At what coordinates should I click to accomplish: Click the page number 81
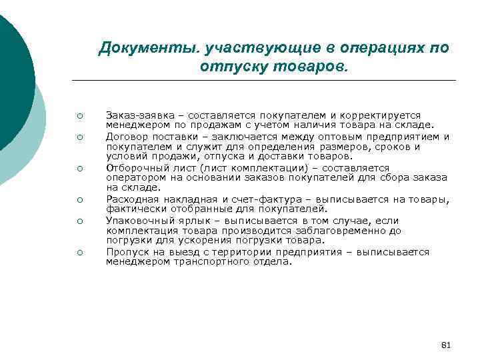tap(447, 345)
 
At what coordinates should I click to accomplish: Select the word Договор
tap(125, 137)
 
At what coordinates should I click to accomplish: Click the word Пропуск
tap(126, 252)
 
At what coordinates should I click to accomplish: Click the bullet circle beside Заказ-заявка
tap(79, 115)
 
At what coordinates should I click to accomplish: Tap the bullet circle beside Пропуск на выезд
tap(79, 252)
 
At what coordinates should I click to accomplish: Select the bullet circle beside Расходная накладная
tap(79, 199)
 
